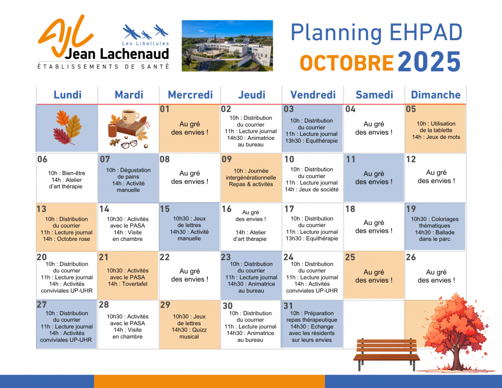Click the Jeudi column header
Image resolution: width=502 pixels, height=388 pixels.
coord(251,95)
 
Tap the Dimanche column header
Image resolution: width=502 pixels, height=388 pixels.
coord(436,95)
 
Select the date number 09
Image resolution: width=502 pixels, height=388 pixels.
coord(226,159)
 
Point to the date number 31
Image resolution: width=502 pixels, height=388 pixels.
coord(288,306)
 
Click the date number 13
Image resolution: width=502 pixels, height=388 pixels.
coord(41,209)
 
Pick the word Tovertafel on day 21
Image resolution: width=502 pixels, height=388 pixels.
coord(135,284)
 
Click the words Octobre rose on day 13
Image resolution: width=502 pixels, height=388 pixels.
coord(74,239)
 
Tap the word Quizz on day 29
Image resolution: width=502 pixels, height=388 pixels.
coord(199,330)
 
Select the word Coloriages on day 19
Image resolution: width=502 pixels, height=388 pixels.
coord(445,219)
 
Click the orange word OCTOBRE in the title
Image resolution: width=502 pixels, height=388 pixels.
coord(347,63)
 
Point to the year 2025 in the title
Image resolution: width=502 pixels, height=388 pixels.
coord(429,61)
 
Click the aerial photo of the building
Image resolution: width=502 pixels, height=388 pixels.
coord(227,46)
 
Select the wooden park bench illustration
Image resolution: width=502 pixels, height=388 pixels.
coord(386,355)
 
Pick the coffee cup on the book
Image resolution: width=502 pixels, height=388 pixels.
coord(130,117)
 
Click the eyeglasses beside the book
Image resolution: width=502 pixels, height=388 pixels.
coord(129,144)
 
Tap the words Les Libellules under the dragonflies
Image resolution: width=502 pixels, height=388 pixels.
coord(145,43)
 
